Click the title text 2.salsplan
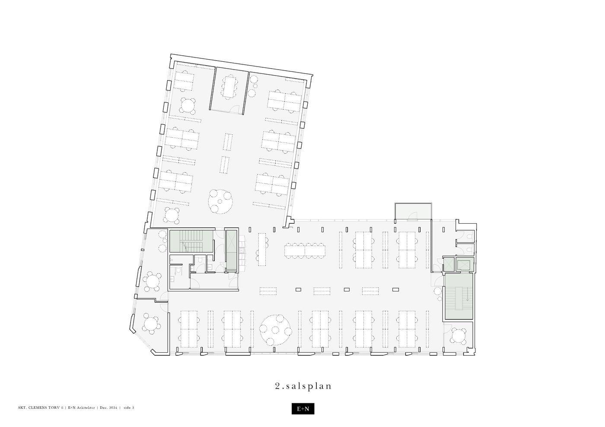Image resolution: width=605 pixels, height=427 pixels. (303, 386)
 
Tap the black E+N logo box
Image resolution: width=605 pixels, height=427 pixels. (303, 408)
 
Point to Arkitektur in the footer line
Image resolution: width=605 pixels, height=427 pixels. (86, 408)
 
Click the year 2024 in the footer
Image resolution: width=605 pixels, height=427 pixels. (113, 408)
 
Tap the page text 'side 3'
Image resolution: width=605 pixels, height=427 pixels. (129, 408)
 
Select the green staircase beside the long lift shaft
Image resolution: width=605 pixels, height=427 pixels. (191, 241)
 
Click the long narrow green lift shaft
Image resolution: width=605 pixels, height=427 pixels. (231, 251)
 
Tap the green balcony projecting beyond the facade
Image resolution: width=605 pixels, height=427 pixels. (413, 211)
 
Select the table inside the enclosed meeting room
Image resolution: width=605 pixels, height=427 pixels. (229, 86)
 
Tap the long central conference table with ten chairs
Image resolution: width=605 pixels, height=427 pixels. (305, 251)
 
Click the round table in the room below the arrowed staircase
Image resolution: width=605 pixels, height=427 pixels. (458, 336)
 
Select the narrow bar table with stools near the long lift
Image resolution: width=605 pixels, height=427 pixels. (262, 250)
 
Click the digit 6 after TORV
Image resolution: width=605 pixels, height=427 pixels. (62, 408)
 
